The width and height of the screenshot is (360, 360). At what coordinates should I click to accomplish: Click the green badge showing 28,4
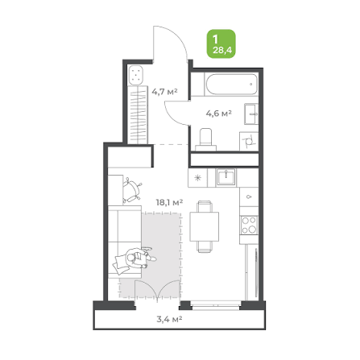[x=221, y=43]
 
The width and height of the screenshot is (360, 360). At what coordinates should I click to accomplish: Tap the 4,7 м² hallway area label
[x=164, y=92]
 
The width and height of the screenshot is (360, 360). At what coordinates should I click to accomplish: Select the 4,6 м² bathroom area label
[x=219, y=114]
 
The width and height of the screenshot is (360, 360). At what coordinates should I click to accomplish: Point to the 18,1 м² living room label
[x=170, y=202]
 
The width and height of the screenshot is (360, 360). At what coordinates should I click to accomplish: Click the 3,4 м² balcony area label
[x=170, y=319]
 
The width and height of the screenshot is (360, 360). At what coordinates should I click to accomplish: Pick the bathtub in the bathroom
[x=232, y=84]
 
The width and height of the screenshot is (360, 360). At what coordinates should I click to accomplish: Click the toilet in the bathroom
[x=206, y=139]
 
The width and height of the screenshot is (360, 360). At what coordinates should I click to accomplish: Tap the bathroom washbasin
[x=251, y=114]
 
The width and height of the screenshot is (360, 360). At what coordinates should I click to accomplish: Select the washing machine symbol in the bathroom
[x=249, y=141]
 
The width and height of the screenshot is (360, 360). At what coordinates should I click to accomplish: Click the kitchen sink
[x=226, y=177]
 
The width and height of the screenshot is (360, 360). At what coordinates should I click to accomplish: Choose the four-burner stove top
[x=249, y=225]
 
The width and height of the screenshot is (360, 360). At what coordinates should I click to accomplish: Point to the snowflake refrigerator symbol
[x=197, y=178]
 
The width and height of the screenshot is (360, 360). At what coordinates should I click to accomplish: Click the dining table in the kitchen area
[x=205, y=226]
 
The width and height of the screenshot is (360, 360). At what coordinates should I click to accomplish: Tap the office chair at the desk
[x=132, y=190]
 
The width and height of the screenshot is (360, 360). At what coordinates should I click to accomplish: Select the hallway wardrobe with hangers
[x=138, y=114]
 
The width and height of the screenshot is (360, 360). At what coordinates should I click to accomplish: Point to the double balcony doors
[x=157, y=290]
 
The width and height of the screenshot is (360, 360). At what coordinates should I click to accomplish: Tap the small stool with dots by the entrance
[x=136, y=75]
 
